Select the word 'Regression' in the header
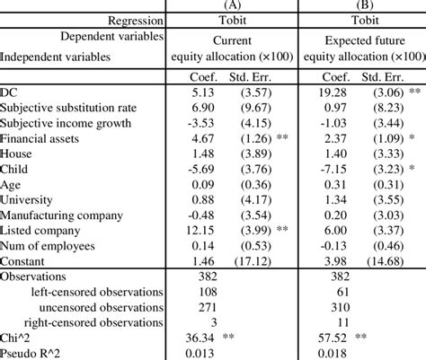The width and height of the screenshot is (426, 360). (x=135, y=20)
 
